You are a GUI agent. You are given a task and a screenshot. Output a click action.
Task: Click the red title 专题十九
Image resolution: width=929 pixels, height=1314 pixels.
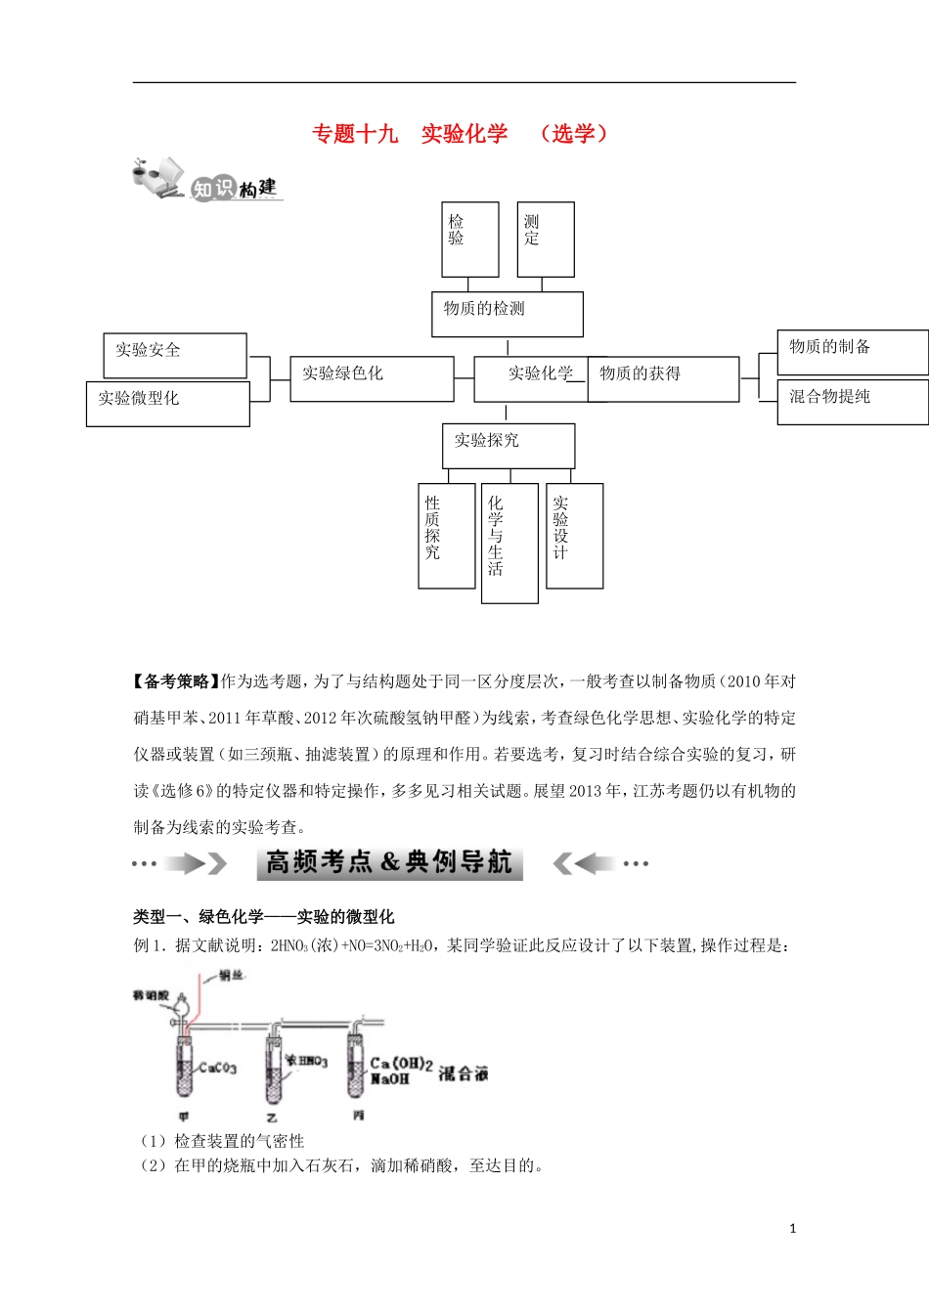[x=355, y=134]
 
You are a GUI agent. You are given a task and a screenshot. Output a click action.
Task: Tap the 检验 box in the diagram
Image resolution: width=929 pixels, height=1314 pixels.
[x=469, y=240]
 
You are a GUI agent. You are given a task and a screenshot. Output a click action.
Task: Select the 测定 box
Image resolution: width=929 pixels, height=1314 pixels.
[x=545, y=240]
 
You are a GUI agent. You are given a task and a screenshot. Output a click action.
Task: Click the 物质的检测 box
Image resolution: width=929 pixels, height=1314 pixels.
[x=507, y=314]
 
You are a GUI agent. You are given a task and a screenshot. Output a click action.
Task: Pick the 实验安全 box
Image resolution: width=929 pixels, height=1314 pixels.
[x=174, y=355]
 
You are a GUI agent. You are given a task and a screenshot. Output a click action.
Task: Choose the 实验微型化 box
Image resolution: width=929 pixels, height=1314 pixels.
[x=167, y=403]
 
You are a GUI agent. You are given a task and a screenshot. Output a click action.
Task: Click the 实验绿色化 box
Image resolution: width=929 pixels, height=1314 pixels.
[x=372, y=378]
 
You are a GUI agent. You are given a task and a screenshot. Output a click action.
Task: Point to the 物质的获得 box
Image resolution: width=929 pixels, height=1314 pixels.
[x=662, y=378]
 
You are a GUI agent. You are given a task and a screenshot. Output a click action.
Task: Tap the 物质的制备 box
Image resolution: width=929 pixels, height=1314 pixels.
[x=852, y=352]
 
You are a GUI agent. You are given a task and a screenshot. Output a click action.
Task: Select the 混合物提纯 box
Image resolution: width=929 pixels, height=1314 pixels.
[x=852, y=401]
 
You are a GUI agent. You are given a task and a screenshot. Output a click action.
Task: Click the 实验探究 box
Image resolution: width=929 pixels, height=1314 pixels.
[x=508, y=446]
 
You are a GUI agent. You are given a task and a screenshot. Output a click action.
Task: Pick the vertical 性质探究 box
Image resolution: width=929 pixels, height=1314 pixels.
[x=446, y=535]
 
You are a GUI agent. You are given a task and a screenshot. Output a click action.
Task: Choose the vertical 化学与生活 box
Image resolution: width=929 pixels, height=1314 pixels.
[x=509, y=543]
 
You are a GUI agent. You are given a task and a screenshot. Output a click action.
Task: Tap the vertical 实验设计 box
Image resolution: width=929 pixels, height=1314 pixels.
[x=574, y=535]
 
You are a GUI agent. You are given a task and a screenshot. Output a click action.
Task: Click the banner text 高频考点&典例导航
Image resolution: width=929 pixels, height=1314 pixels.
[x=389, y=862]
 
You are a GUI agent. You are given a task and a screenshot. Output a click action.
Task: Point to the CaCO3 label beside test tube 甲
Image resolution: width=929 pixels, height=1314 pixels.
[x=217, y=1068]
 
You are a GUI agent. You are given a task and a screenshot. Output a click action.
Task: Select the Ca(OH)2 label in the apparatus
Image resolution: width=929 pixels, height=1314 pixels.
[x=401, y=1064]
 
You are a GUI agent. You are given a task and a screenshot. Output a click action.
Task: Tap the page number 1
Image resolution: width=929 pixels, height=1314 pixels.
[x=792, y=1229]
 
